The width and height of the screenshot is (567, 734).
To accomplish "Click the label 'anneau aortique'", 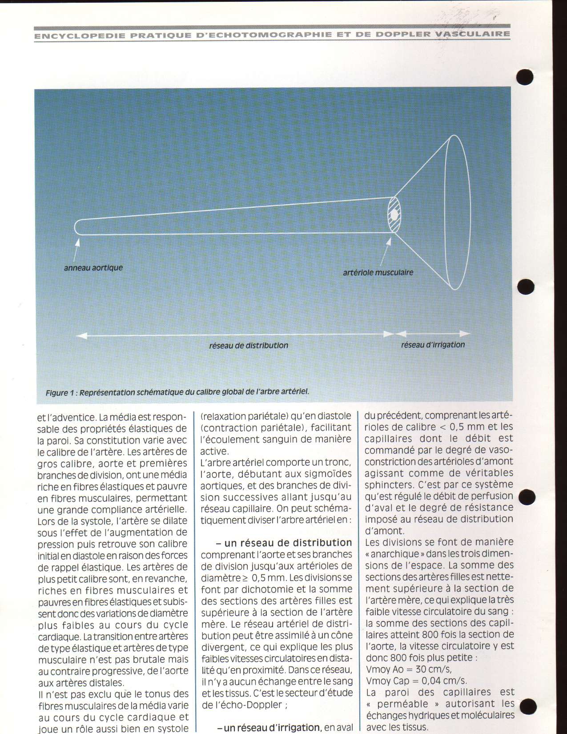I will pyautogui.click(x=93, y=268).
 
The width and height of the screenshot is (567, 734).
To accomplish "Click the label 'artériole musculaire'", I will pyautogui.click(x=378, y=272).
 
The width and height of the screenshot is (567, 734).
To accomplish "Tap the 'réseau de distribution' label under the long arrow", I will pyautogui.click(x=249, y=345).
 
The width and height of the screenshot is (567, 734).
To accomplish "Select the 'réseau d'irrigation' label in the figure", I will pyautogui.click(x=433, y=345).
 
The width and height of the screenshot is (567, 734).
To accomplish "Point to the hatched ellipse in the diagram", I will pyautogui.click(x=394, y=214).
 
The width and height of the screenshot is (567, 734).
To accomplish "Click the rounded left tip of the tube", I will pyautogui.click(x=76, y=227).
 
